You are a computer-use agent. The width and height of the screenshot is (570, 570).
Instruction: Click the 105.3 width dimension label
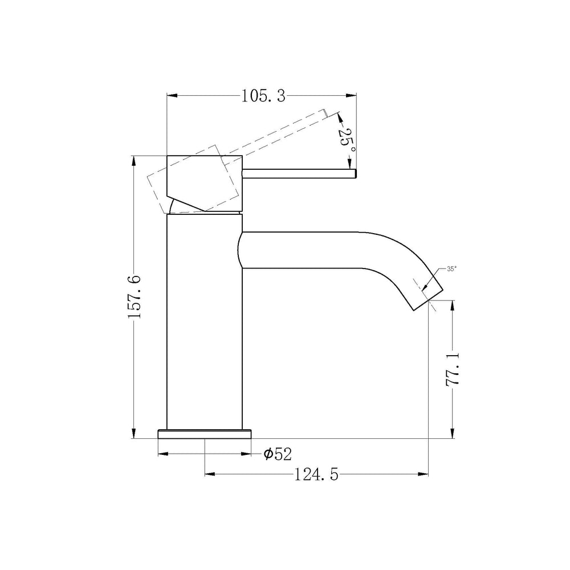[263, 96]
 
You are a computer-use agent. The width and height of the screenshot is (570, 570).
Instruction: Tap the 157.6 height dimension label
[134, 297]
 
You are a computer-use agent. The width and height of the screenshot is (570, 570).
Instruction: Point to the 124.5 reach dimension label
[316, 474]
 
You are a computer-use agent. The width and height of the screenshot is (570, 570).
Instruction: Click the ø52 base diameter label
[278, 454]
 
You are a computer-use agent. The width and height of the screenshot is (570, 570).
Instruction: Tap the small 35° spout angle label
[452, 269]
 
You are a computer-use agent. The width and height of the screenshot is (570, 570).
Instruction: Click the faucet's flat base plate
[205, 434]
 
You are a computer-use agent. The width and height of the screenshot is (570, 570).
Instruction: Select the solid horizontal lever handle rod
[299, 174]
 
